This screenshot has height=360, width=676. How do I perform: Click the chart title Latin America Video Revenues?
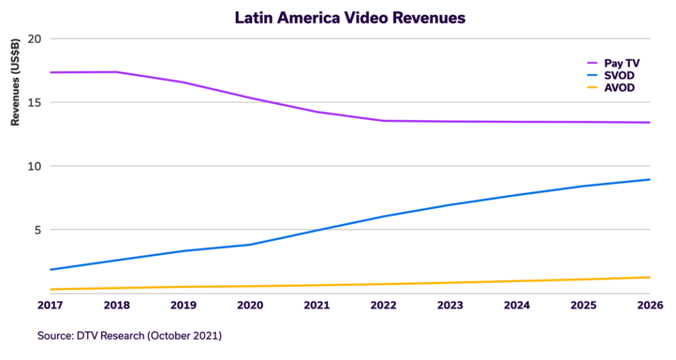tap(350, 18)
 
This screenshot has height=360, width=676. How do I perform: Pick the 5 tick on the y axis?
tap(38, 230)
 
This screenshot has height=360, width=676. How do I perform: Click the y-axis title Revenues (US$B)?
tap(14, 83)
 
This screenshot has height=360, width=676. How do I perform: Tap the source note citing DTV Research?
tap(129, 336)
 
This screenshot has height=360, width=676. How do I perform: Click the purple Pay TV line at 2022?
tap(384, 121)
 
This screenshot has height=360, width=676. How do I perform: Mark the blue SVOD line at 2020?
tap(251, 244)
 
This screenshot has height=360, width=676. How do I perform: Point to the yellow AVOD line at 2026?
tap(650, 277)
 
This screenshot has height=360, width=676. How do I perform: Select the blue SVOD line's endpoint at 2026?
tap(650, 180)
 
